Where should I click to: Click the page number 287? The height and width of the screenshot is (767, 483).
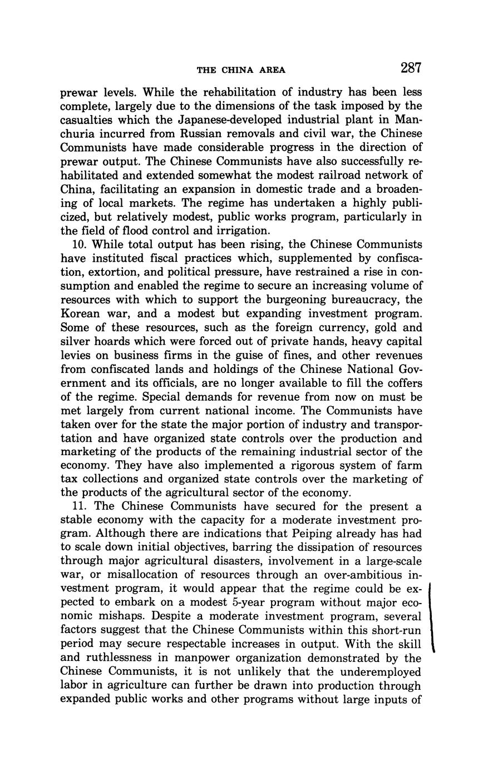410,68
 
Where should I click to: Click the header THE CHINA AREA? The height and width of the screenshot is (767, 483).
241,70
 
